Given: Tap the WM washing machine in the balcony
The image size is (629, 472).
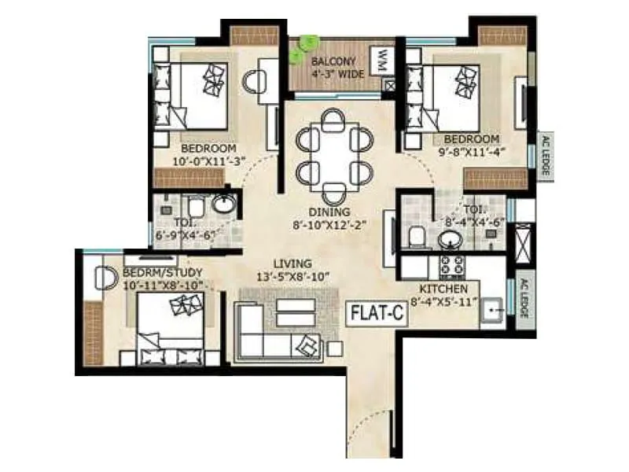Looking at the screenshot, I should (382, 59).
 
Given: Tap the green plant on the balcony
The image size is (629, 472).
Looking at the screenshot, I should (301, 50).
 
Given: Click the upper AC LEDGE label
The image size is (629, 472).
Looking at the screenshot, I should (543, 153).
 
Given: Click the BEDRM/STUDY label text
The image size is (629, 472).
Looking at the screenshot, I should (153, 273).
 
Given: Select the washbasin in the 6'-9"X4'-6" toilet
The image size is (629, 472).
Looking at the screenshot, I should (223, 207).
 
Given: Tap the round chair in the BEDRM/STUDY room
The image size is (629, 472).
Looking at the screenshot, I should (103, 278).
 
